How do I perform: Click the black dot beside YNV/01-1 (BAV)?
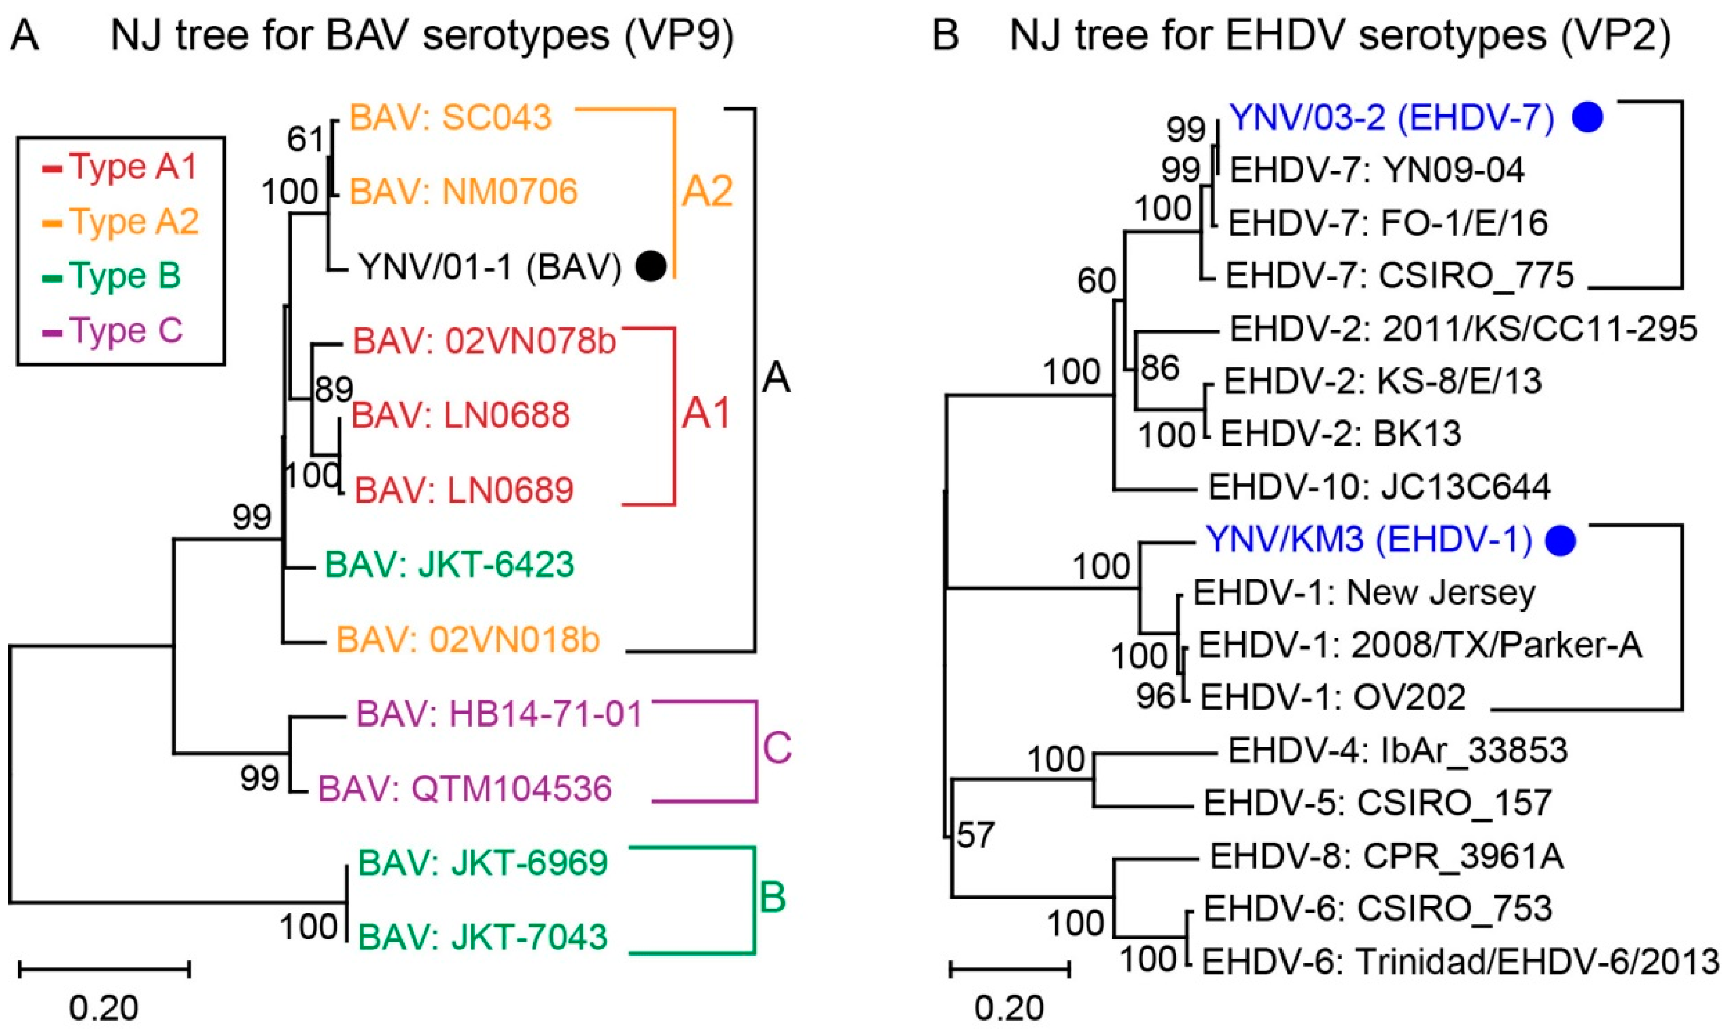point(651,266)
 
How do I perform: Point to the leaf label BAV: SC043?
point(450,118)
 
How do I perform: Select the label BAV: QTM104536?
point(465,788)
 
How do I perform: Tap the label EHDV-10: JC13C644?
point(1379,486)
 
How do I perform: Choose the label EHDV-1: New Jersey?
point(1364,593)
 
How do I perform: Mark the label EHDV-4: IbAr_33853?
point(1398,750)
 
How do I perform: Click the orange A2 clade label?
point(707,191)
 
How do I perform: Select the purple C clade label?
point(777,749)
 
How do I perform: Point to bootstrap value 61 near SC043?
point(306,140)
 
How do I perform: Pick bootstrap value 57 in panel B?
point(975,834)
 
